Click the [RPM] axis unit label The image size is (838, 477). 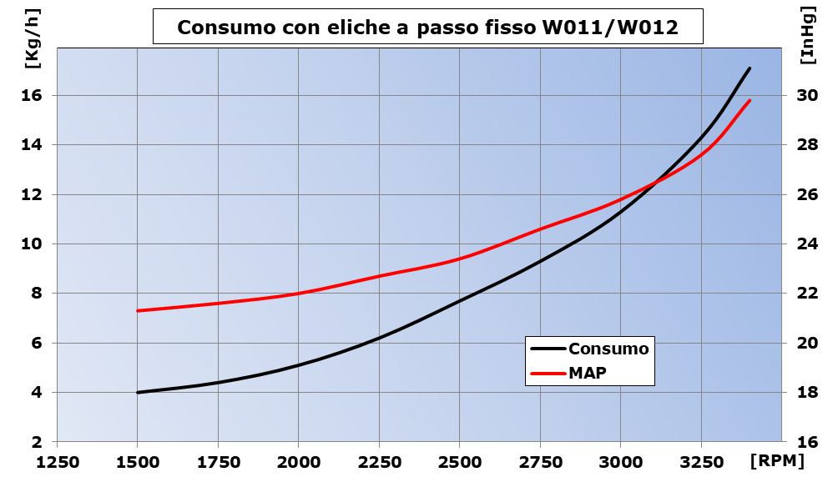[x=777, y=461]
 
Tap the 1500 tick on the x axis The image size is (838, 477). [x=137, y=461]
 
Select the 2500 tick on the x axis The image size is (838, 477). [x=459, y=461]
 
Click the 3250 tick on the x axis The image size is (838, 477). [x=701, y=461]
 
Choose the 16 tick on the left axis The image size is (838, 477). [x=32, y=95]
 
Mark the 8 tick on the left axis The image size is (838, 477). [x=37, y=294]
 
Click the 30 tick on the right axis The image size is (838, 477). [x=807, y=95]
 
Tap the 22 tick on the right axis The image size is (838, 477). [x=807, y=294]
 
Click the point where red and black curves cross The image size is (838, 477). [x=655, y=182]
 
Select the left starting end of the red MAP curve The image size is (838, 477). [x=138, y=311]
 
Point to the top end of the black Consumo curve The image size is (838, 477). [x=750, y=68]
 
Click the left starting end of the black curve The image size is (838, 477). [x=138, y=392]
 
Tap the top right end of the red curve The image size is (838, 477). [x=750, y=101]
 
